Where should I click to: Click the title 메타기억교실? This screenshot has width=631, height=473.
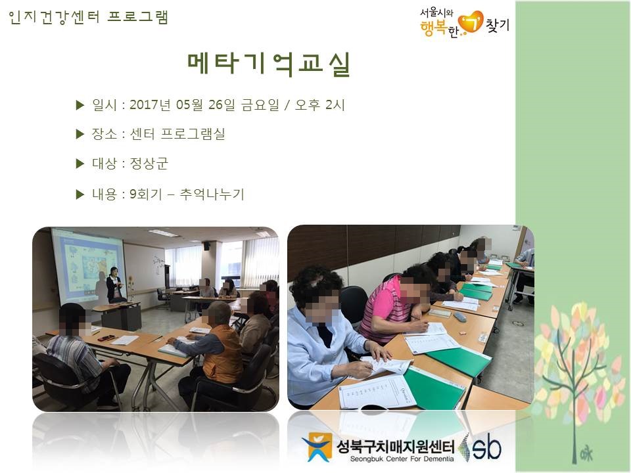[x=269, y=64]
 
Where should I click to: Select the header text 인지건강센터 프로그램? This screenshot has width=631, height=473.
[x=88, y=17]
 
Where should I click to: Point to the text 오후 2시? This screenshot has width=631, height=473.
[x=320, y=105]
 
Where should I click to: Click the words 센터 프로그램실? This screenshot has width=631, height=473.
[x=177, y=134]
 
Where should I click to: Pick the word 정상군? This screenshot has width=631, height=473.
[x=149, y=164]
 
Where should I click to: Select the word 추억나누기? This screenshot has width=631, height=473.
[x=212, y=194]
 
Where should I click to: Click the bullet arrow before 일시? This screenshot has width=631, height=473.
[x=80, y=105]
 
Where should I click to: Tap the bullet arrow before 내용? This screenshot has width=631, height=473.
[x=80, y=194]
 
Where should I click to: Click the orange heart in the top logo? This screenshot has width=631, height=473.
[x=471, y=22]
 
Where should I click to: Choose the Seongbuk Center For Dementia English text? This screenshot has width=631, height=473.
[x=402, y=459]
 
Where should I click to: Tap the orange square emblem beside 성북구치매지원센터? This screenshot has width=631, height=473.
[x=318, y=447]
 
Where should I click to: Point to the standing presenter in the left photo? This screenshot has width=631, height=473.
[x=114, y=284]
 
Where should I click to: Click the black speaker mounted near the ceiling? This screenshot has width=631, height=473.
[x=206, y=246]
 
